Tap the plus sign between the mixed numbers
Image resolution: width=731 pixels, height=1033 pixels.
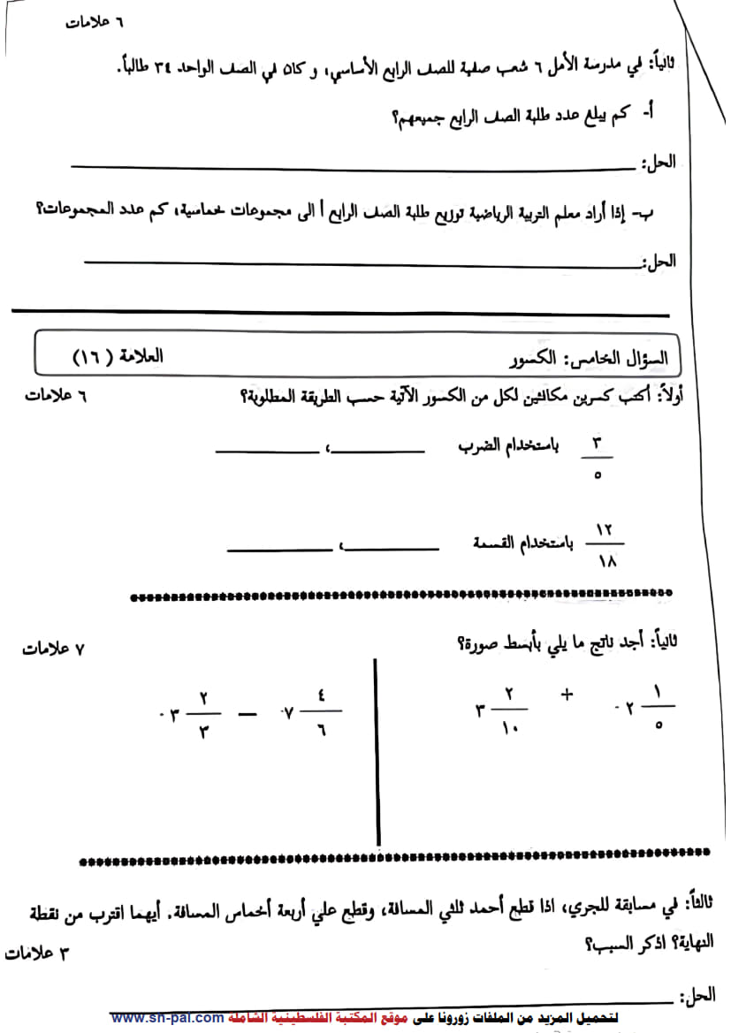(567, 695)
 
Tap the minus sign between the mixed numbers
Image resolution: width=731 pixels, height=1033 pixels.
(247, 712)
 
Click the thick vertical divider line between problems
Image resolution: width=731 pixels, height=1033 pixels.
(378, 751)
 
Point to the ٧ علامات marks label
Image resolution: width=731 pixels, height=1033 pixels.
(53, 649)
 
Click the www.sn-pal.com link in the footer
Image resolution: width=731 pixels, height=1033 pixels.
(167, 1017)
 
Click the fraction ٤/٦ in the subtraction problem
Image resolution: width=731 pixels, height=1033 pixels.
(321, 712)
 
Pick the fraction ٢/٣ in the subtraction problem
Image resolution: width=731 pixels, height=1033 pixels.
(203, 712)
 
